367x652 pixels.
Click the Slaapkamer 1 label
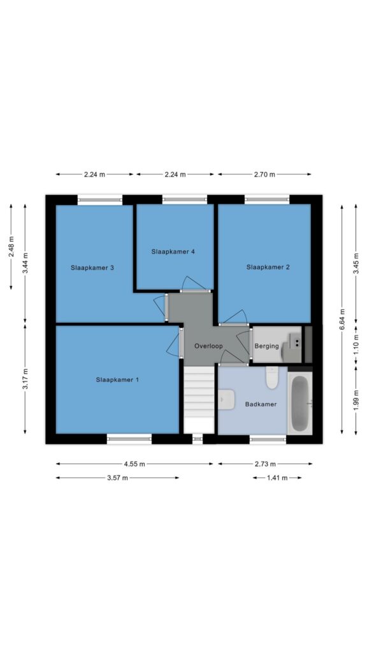[117, 379]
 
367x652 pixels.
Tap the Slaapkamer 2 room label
[268, 267]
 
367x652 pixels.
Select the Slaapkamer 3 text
[92, 268]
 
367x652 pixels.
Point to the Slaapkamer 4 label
[173, 252]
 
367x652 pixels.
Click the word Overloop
[208, 346]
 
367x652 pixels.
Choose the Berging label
[267, 346]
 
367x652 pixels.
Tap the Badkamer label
[261, 404]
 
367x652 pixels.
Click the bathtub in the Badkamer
[299, 403]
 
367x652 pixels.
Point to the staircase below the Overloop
[199, 400]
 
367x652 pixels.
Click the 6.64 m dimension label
[342, 319]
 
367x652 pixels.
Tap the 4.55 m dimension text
[134, 464]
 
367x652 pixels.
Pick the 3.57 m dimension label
[117, 478]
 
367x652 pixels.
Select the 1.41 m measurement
[277, 478]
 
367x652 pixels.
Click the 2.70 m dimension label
[264, 174]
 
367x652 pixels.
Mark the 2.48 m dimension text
[11, 247]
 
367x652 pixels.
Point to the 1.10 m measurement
[356, 345]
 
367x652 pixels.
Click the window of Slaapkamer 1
[129, 438]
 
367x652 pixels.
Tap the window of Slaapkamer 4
[184, 199]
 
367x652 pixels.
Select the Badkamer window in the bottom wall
[268, 438]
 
